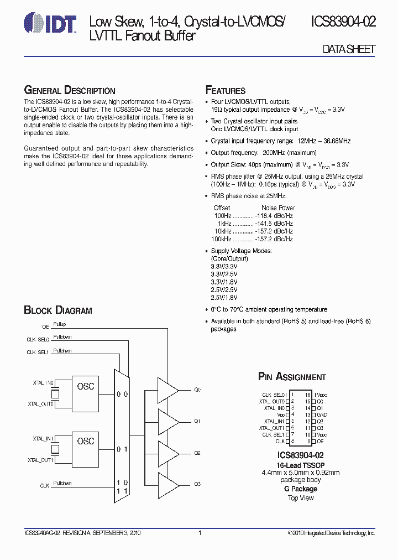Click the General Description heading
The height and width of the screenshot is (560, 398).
tap(70, 90)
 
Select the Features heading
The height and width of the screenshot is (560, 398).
tap(226, 90)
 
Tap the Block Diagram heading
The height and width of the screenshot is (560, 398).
tap(58, 310)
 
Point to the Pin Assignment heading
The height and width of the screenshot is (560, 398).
tap(292, 377)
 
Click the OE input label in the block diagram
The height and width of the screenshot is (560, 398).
tap(45, 327)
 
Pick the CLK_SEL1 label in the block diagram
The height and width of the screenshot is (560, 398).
tap(38, 352)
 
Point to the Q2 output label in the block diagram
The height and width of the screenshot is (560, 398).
tap(197, 453)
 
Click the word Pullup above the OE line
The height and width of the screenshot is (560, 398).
tap(60, 324)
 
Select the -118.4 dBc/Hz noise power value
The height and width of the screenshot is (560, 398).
tap(274, 216)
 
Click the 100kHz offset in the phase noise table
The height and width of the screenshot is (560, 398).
tap(221, 239)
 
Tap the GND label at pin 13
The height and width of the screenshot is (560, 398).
tap(322, 414)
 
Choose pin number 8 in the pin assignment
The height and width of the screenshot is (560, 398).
tap(292, 441)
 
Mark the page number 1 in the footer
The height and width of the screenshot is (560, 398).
tap(199, 533)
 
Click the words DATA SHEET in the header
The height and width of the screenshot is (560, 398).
tap(349, 49)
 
